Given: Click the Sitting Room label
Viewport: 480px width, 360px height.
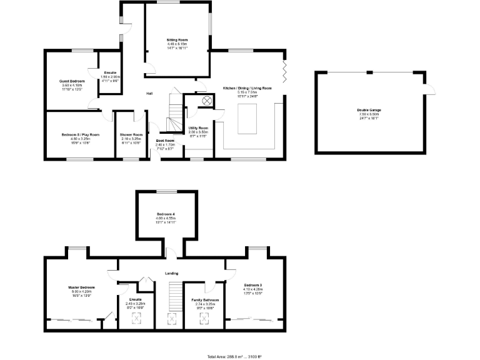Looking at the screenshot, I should [177, 39].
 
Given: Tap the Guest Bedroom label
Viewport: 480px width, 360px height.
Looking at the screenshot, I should [72, 81].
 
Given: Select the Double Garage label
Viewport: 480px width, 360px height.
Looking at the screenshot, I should [369, 110].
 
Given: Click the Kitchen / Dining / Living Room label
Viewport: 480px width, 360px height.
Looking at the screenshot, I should [247, 89].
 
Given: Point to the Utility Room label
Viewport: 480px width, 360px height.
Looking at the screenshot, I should [198, 127].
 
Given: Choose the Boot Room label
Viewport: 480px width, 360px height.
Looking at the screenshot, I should [165, 141].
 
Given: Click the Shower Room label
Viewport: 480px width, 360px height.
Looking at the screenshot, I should [131, 134].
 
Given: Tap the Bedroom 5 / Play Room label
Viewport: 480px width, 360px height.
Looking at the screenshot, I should [81, 134].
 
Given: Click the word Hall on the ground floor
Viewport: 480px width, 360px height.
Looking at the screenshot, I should [149, 94].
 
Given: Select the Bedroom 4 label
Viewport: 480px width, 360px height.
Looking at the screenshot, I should [166, 215].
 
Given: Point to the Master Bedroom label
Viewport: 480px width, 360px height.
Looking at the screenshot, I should [81, 287].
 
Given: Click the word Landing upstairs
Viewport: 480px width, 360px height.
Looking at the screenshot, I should [172, 273].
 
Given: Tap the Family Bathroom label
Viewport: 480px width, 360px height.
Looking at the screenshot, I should [205, 300].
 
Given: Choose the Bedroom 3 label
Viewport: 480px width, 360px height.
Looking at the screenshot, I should [252, 285].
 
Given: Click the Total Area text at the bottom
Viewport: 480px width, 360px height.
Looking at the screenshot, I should [234, 356].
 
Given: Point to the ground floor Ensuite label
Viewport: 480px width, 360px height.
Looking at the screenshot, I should [110, 73].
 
